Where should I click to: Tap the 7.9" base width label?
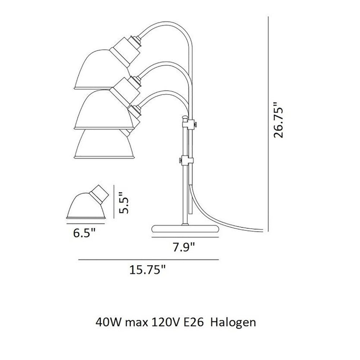pyautogui.click(x=184, y=248)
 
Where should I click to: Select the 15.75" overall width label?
pyautogui.click(x=147, y=270)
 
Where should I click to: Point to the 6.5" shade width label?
pyautogui.click(x=84, y=234)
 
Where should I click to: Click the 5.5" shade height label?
pyautogui.click(x=124, y=203)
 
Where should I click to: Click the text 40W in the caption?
pyautogui.click(x=109, y=322)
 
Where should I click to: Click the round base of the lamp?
pyautogui.click(x=185, y=229)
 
